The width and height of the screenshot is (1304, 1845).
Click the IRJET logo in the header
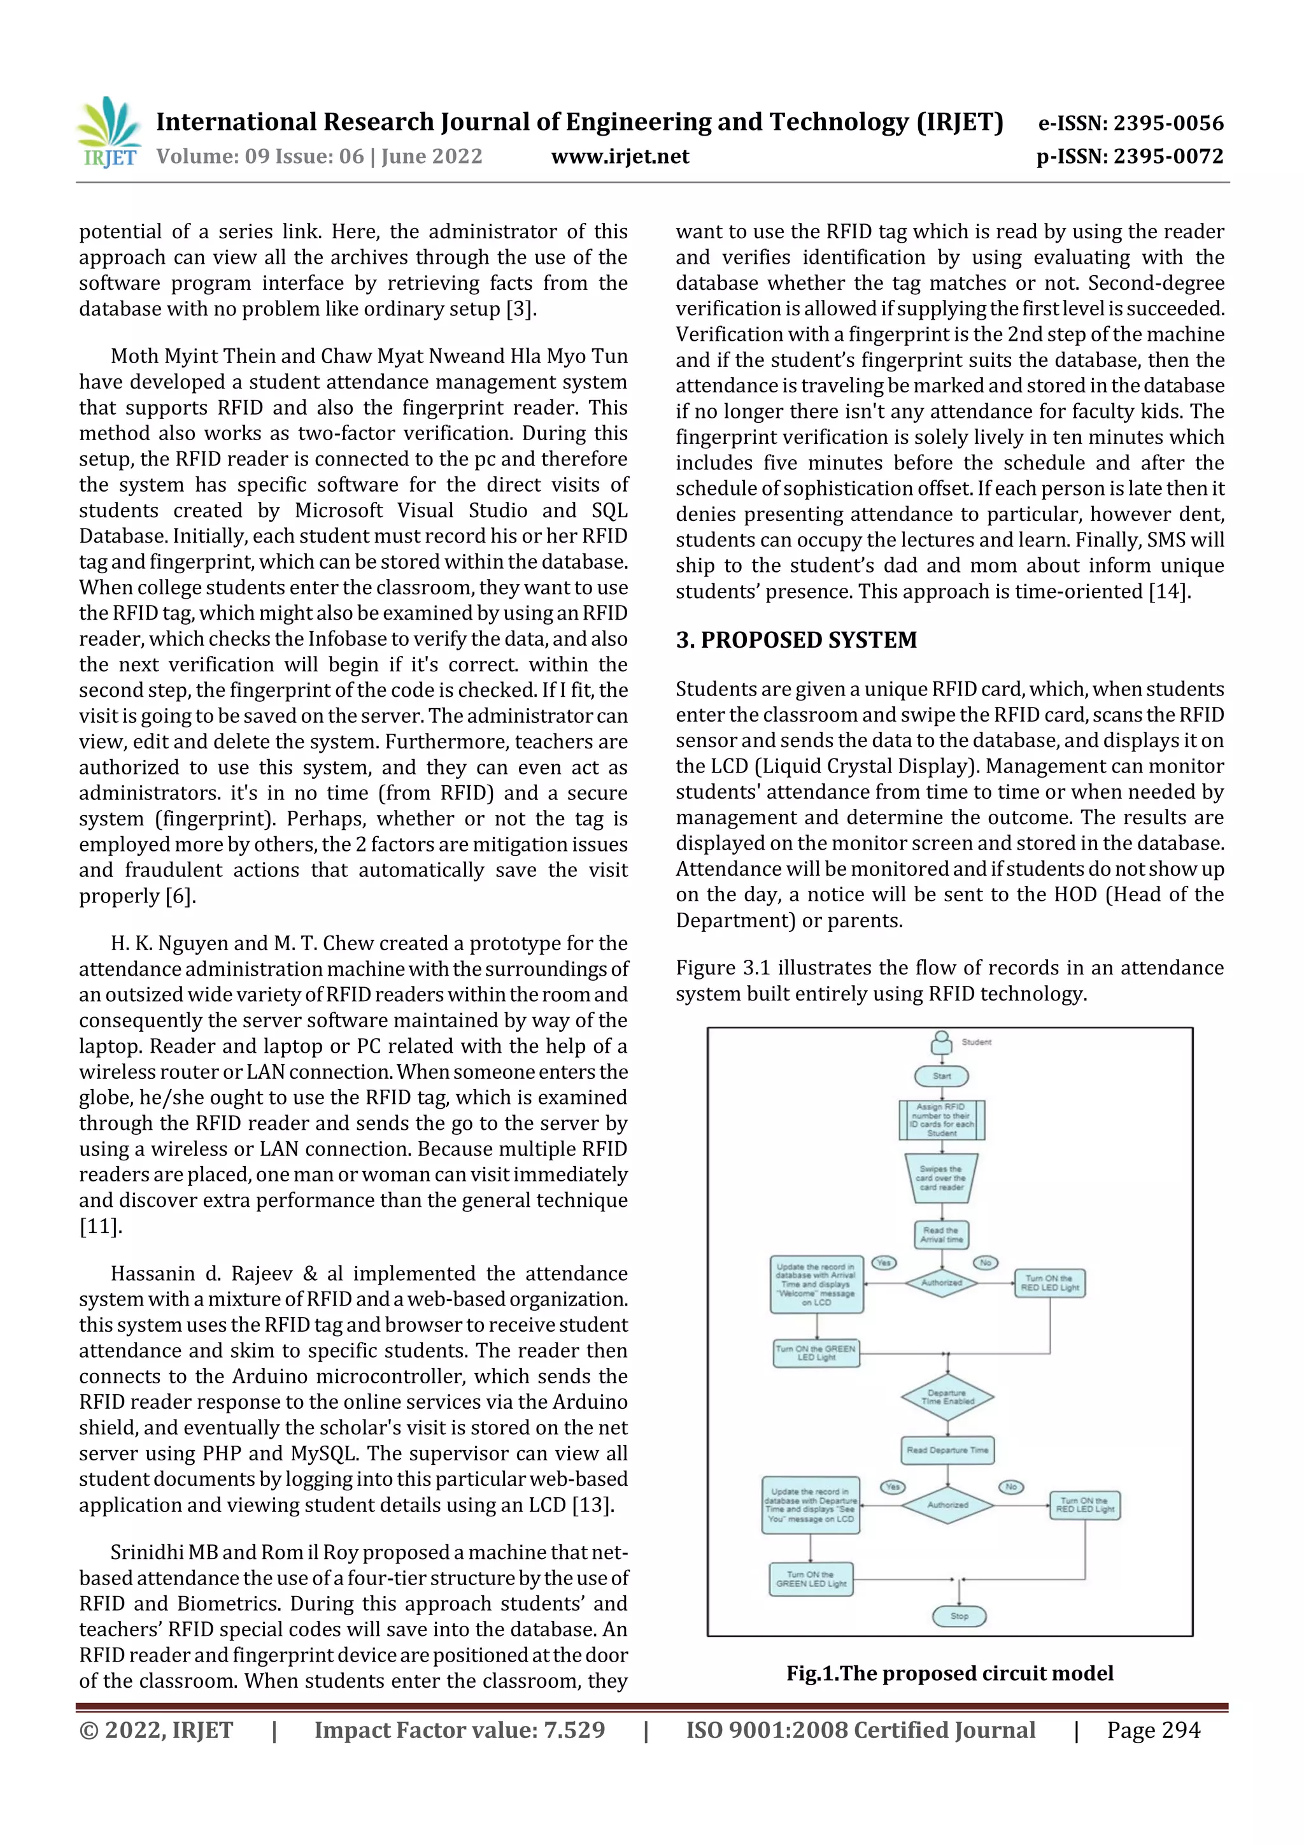110,132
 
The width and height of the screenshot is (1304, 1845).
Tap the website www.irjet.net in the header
620,157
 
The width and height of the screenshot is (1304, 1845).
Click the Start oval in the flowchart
942,1076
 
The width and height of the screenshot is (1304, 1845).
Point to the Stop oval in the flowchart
958,1615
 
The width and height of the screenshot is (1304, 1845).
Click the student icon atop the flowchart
942,1043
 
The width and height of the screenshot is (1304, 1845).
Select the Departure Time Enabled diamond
947,1397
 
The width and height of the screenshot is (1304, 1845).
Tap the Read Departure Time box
947,1450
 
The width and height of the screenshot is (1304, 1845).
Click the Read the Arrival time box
941,1234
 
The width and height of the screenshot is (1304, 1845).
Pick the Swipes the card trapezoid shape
941,1178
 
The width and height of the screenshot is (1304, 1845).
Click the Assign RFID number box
942,1120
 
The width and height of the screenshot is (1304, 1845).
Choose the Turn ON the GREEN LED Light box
816,1353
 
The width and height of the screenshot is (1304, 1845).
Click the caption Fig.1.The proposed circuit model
950,1673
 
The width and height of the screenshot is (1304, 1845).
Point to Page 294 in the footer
1153,1730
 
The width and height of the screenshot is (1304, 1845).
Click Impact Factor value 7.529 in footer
460,1730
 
